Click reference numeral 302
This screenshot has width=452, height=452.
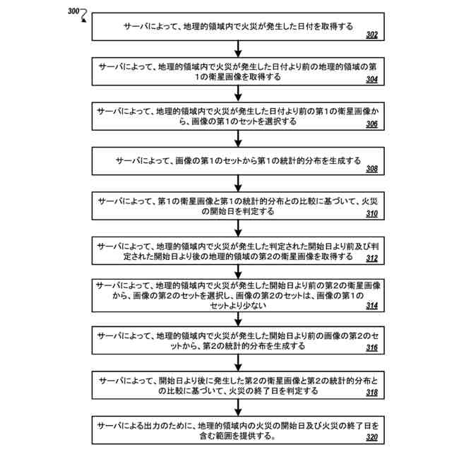coord(372,34)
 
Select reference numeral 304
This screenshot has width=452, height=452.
coord(372,79)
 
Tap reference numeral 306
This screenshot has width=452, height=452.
coord(372,124)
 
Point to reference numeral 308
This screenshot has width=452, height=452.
coord(372,169)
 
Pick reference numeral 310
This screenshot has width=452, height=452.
coord(372,214)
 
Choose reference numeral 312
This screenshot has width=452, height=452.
coord(372,259)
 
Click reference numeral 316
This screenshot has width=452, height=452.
coord(372,349)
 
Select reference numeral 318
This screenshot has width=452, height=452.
coord(372,393)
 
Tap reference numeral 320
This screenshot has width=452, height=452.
coord(372,438)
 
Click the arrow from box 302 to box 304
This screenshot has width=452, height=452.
coord(239,48)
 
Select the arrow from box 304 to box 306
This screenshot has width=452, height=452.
coord(239,93)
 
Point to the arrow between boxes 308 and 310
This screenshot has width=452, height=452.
coord(239,183)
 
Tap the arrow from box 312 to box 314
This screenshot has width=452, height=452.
coord(239,273)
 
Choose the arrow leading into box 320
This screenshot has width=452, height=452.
coord(239,408)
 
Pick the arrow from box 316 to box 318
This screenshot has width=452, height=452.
coord(239,363)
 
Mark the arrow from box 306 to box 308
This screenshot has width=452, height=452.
coord(239,138)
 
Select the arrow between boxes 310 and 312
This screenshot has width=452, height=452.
coord(239,228)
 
